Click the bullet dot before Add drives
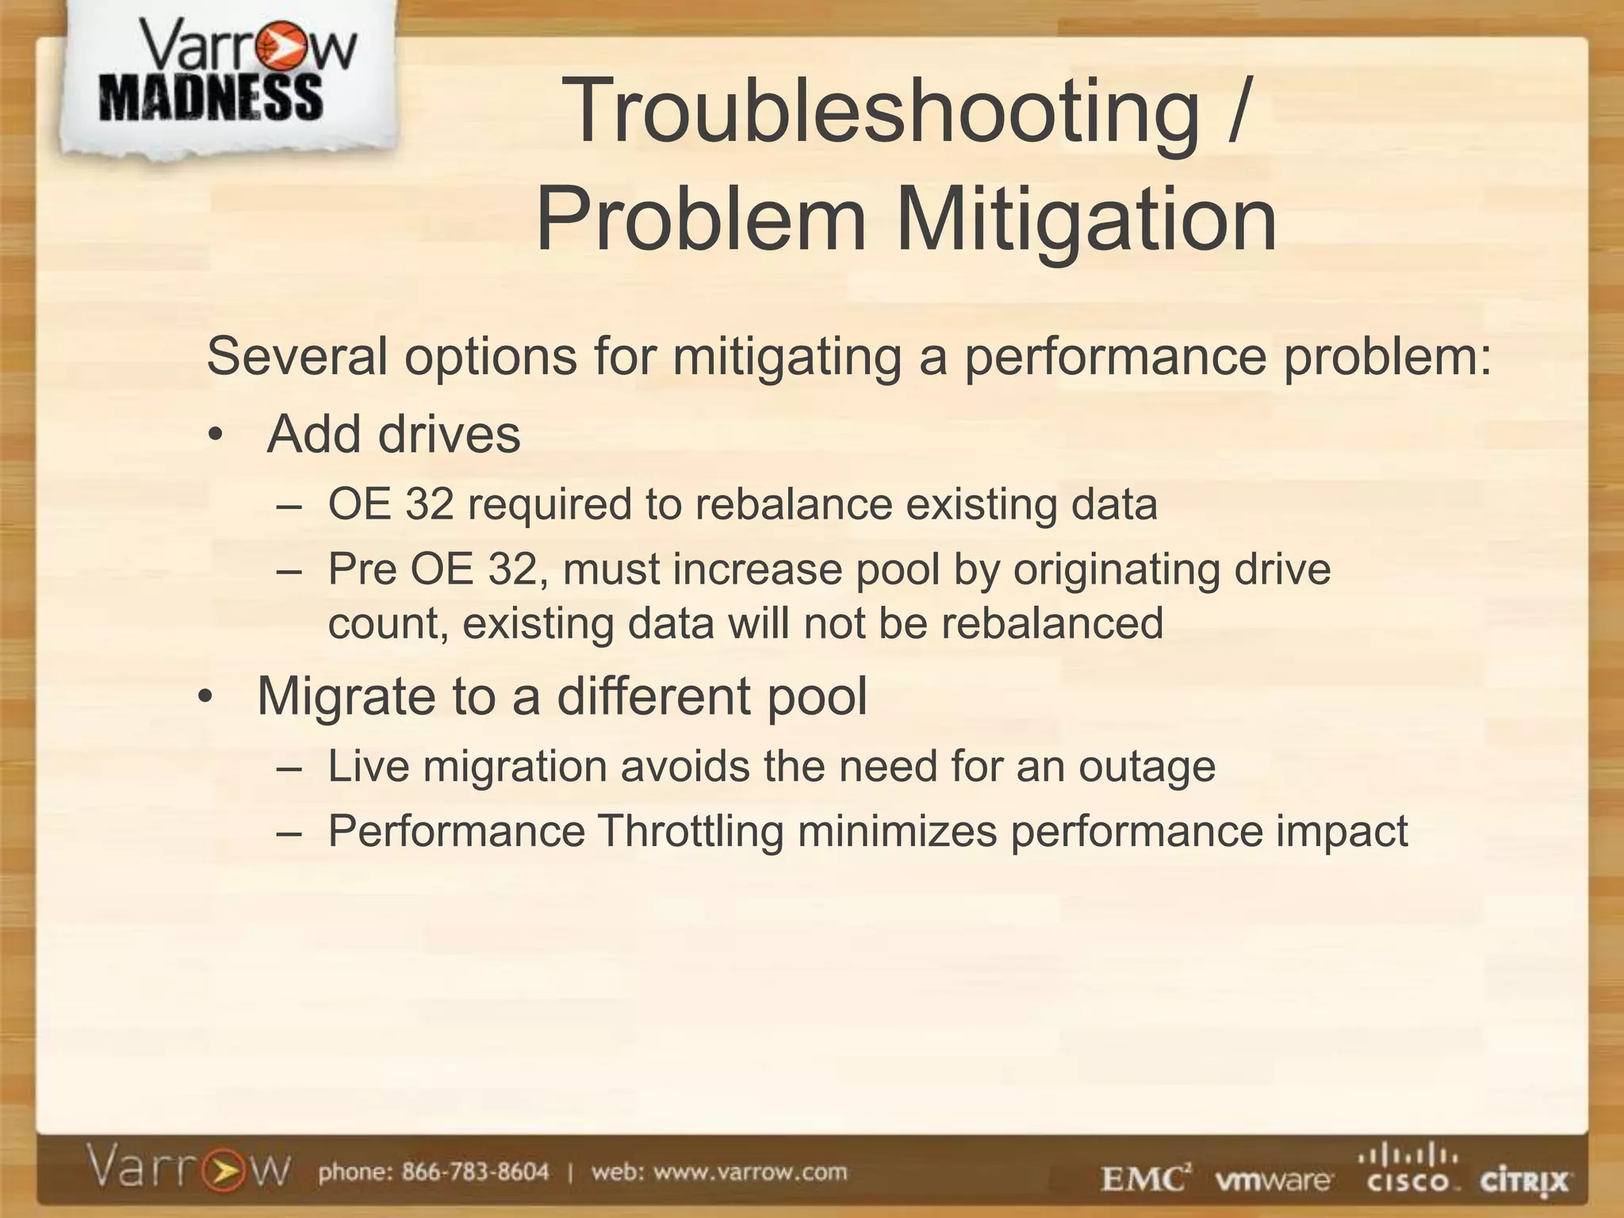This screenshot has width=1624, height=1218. click(x=216, y=437)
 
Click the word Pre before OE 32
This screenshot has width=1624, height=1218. click(x=362, y=569)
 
